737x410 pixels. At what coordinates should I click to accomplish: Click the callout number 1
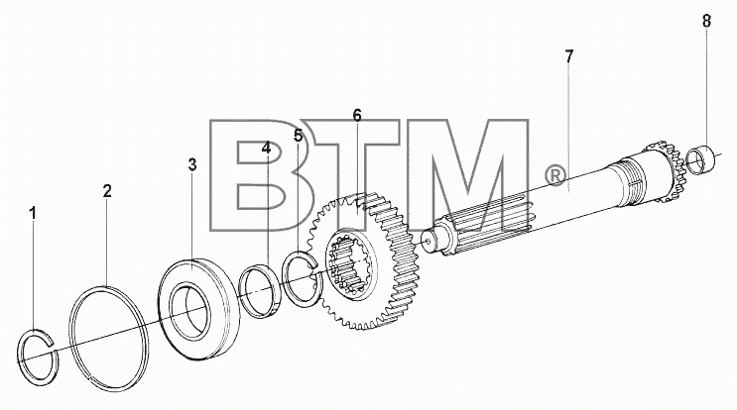[x=33, y=213]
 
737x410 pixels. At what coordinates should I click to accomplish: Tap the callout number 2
[x=107, y=191]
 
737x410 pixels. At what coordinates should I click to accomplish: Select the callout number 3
[x=192, y=164]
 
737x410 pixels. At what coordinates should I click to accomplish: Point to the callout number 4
[x=266, y=149]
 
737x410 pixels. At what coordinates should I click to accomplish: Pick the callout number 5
[x=298, y=136]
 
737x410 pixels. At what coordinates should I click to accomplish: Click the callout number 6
[x=357, y=115]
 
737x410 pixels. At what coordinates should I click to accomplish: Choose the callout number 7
[x=569, y=56]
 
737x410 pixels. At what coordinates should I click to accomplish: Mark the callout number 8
[x=706, y=21]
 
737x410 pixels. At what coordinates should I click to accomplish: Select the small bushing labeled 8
[x=700, y=159]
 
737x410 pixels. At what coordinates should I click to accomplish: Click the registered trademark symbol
[x=555, y=175]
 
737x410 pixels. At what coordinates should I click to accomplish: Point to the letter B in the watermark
[x=258, y=174]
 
